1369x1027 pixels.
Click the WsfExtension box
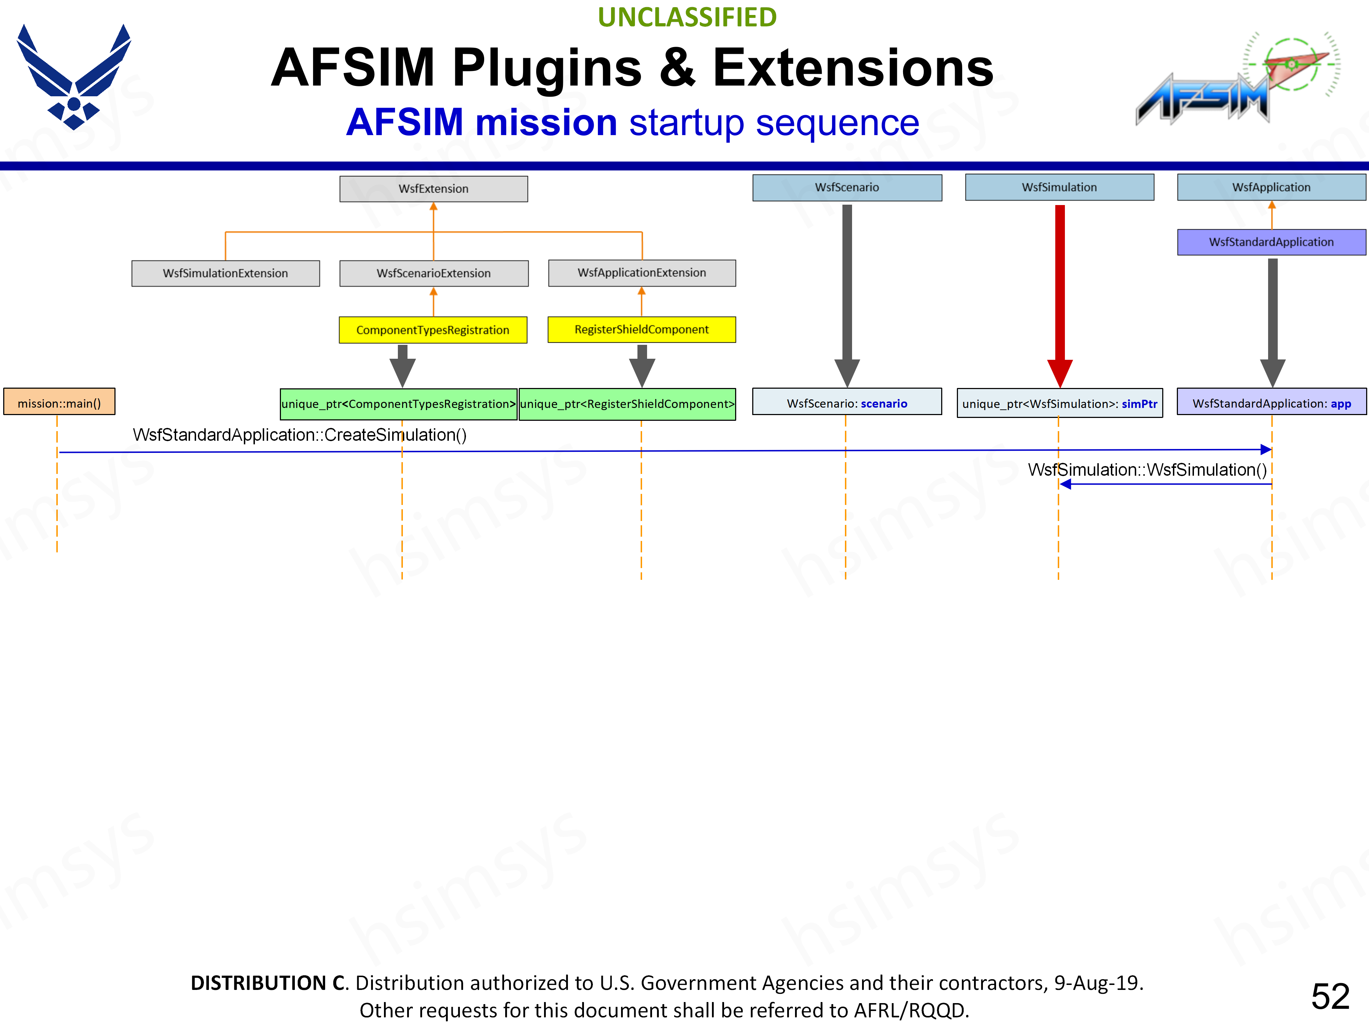(433, 189)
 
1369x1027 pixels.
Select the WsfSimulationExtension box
(225, 273)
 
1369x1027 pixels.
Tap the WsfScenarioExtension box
(433, 273)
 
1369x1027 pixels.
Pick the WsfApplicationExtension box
(642, 272)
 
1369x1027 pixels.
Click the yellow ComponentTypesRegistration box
(432, 330)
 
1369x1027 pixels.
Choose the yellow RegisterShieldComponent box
(642, 329)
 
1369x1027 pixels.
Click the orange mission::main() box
(60, 403)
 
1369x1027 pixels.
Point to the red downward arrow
(1060, 297)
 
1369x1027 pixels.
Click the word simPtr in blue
(1139, 404)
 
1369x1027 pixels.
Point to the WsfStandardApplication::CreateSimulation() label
(299, 435)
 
